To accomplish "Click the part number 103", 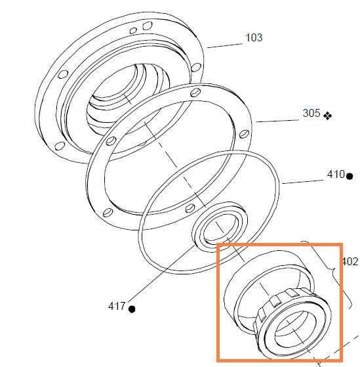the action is click(254, 37).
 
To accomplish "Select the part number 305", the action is click(311, 113).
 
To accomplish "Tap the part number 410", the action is click(336, 174).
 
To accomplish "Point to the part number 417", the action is click(117, 306).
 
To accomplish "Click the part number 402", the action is click(350, 261).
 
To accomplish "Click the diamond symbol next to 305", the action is click(327, 116).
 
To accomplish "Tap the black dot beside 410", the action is click(350, 176).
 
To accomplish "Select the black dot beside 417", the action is click(132, 309).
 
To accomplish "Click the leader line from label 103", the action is click(225, 46).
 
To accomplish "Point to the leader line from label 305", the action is click(277, 121).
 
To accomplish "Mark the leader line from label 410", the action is click(302, 182).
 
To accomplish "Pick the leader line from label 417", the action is click(161, 273).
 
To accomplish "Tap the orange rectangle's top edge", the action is click(280, 245).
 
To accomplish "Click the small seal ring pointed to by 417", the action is click(219, 227).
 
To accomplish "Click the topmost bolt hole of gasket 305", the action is click(195, 93).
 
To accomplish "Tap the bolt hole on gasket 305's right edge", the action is click(245, 134).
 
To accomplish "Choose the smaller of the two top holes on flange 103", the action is click(133, 31).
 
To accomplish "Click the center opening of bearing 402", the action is click(296, 328).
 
